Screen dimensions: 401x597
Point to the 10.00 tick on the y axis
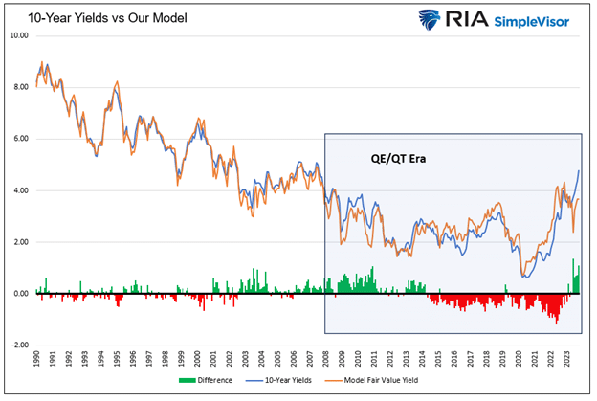(x=19, y=35)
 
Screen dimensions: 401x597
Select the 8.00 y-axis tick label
(x=21, y=87)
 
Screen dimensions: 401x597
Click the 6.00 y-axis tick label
(x=21, y=139)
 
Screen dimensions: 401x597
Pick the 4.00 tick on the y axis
(x=21, y=190)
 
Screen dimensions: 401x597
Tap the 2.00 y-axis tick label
(x=21, y=242)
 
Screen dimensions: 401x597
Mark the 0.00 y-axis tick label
(x=21, y=294)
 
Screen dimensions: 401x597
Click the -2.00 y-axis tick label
(x=19, y=345)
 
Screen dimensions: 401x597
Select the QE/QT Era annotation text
(x=398, y=159)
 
